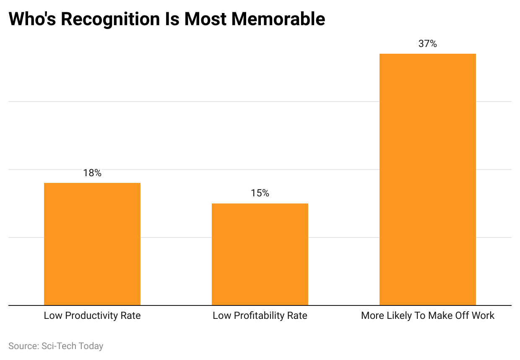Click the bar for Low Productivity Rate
click(x=92, y=244)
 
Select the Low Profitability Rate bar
click(x=260, y=254)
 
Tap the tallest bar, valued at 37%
click(x=428, y=179)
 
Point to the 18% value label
click(x=92, y=173)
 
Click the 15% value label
click(x=260, y=193)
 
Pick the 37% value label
click(x=428, y=44)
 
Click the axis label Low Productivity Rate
click(x=92, y=316)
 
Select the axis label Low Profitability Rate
click(x=260, y=316)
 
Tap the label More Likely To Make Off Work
click(x=428, y=316)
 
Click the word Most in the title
click(x=204, y=19)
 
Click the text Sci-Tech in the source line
click(x=59, y=346)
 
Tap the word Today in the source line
click(x=91, y=346)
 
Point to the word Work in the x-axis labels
click(x=484, y=316)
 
